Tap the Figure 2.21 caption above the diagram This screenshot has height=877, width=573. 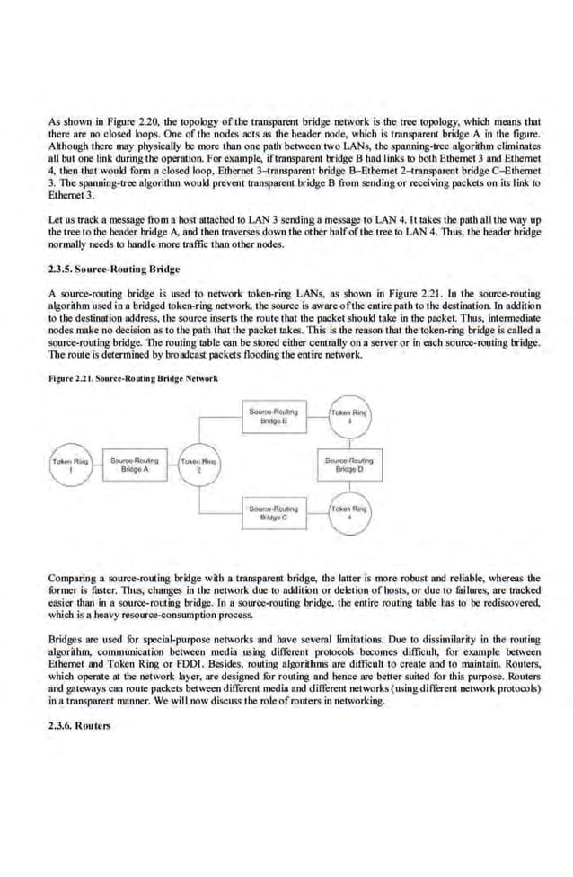point(133,378)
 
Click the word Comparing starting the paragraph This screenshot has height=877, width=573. point(74,578)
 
